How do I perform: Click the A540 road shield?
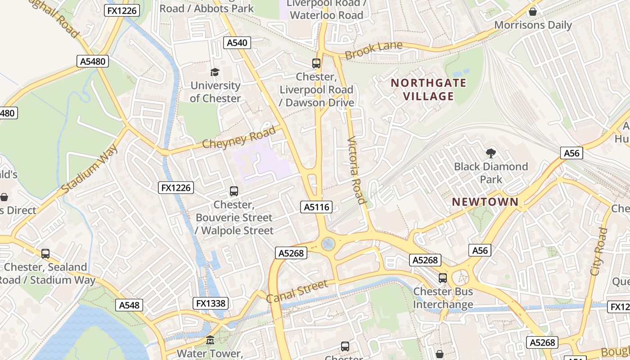(x=237, y=43)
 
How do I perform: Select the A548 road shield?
(x=130, y=305)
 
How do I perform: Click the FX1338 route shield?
(x=211, y=303)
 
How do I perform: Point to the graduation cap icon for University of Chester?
(x=215, y=72)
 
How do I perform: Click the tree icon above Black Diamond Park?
(x=490, y=153)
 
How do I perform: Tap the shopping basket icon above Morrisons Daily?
(x=533, y=12)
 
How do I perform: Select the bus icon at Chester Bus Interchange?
(x=443, y=278)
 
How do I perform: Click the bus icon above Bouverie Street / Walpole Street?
(x=234, y=191)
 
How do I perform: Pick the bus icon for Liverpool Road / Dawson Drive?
(x=316, y=63)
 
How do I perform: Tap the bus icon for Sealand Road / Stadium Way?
(x=45, y=254)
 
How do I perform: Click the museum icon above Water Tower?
(x=210, y=340)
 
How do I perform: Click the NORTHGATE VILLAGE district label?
(x=428, y=90)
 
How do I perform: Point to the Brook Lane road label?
(x=367, y=51)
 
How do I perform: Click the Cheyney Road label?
(x=238, y=138)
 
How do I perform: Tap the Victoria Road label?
(x=357, y=170)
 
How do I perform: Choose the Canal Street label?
(x=297, y=292)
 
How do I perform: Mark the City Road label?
(x=598, y=252)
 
